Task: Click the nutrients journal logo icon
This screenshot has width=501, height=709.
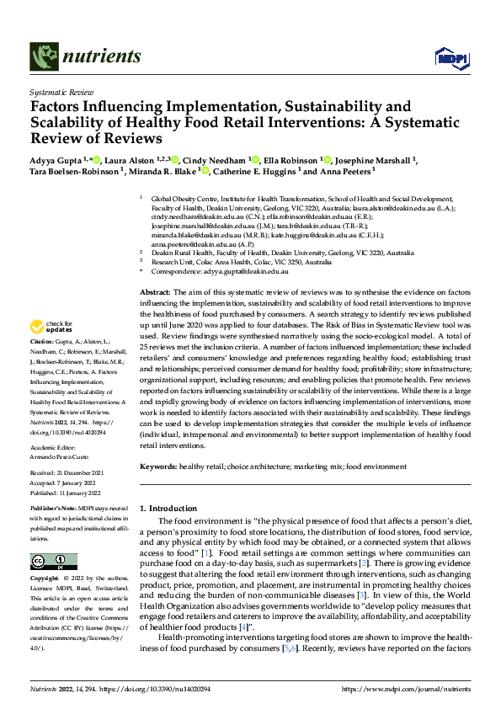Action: [x=43, y=56]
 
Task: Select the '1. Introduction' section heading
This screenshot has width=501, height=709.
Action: [x=168, y=509]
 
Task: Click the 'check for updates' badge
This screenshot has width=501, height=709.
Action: [x=51, y=327]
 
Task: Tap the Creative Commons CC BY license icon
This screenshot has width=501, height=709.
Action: [x=53, y=561]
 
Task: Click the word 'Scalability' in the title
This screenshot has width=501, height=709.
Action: [x=71, y=123]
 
